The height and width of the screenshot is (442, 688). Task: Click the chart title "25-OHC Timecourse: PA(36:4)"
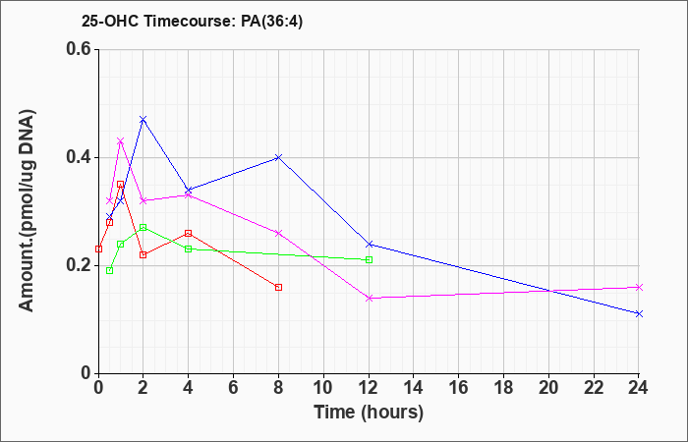(x=193, y=21)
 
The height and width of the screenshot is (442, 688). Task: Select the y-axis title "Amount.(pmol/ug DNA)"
(x=27, y=210)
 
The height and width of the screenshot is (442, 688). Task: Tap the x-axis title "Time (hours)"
(x=369, y=413)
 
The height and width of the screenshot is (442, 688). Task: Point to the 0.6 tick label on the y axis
(x=82, y=49)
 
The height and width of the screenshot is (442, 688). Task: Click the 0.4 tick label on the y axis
(x=82, y=157)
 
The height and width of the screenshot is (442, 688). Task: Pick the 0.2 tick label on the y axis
(x=82, y=265)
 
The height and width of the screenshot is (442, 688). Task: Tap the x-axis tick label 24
(x=639, y=388)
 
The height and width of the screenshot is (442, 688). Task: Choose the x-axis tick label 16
(x=459, y=388)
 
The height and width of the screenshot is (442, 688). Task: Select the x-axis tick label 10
(x=323, y=388)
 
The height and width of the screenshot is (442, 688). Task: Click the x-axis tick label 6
(x=233, y=388)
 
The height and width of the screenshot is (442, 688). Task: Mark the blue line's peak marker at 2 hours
(x=143, y=119)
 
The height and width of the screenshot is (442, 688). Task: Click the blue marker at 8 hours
(x=278, y=157)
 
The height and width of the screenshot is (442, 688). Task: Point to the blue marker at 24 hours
(x=639, y=314)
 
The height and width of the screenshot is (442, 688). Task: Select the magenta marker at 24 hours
(x=639, y=287)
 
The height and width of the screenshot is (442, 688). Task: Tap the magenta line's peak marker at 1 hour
(x=121, y=140)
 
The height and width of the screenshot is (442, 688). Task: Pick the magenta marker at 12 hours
(x=369, y=299)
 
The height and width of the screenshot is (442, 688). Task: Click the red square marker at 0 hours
(x=98, y=249)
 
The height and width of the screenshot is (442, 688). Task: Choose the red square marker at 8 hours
(x=278, y=287)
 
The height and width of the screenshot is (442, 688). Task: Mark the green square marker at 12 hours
(x=369, y=260)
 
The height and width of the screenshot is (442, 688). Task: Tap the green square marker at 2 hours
(x=143, y=228)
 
